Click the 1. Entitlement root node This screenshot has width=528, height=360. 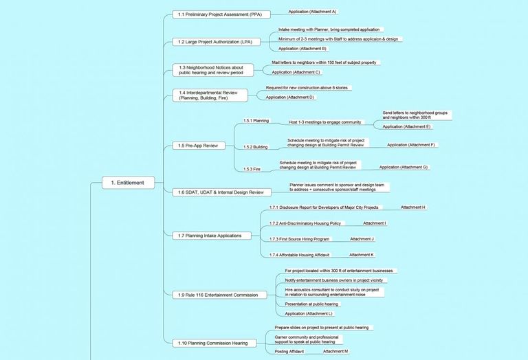coord(129,183)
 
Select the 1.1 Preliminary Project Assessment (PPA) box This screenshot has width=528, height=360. coord(221,14)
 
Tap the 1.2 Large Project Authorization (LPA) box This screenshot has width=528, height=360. coord(216,42)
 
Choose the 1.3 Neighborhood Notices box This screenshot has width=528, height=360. coord(213,70)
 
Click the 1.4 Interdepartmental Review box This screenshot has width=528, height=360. coord(210,95)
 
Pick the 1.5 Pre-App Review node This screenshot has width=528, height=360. coord(199,146)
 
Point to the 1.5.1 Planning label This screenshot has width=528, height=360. coord(256,120)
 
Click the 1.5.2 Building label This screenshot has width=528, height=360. coord(256,147)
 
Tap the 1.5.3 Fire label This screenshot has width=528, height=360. coord(252,169)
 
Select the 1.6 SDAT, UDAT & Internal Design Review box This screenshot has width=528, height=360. coord(222,192)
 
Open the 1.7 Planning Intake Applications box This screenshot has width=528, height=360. coord(212,236)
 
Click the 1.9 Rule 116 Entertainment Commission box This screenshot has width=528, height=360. coord(219,295)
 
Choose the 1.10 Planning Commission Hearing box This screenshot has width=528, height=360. coord(214,344)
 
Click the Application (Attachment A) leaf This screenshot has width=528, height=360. coord(312,12)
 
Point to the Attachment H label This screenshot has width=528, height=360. coord(412,207)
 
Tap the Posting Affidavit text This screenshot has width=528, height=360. coord(289,351)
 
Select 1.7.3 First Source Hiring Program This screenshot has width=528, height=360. coord(299,239)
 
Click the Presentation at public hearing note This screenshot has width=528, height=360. coord(311,304)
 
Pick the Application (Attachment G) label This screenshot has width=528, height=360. coord(404,167)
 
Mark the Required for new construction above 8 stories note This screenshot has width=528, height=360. coord(307,88)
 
